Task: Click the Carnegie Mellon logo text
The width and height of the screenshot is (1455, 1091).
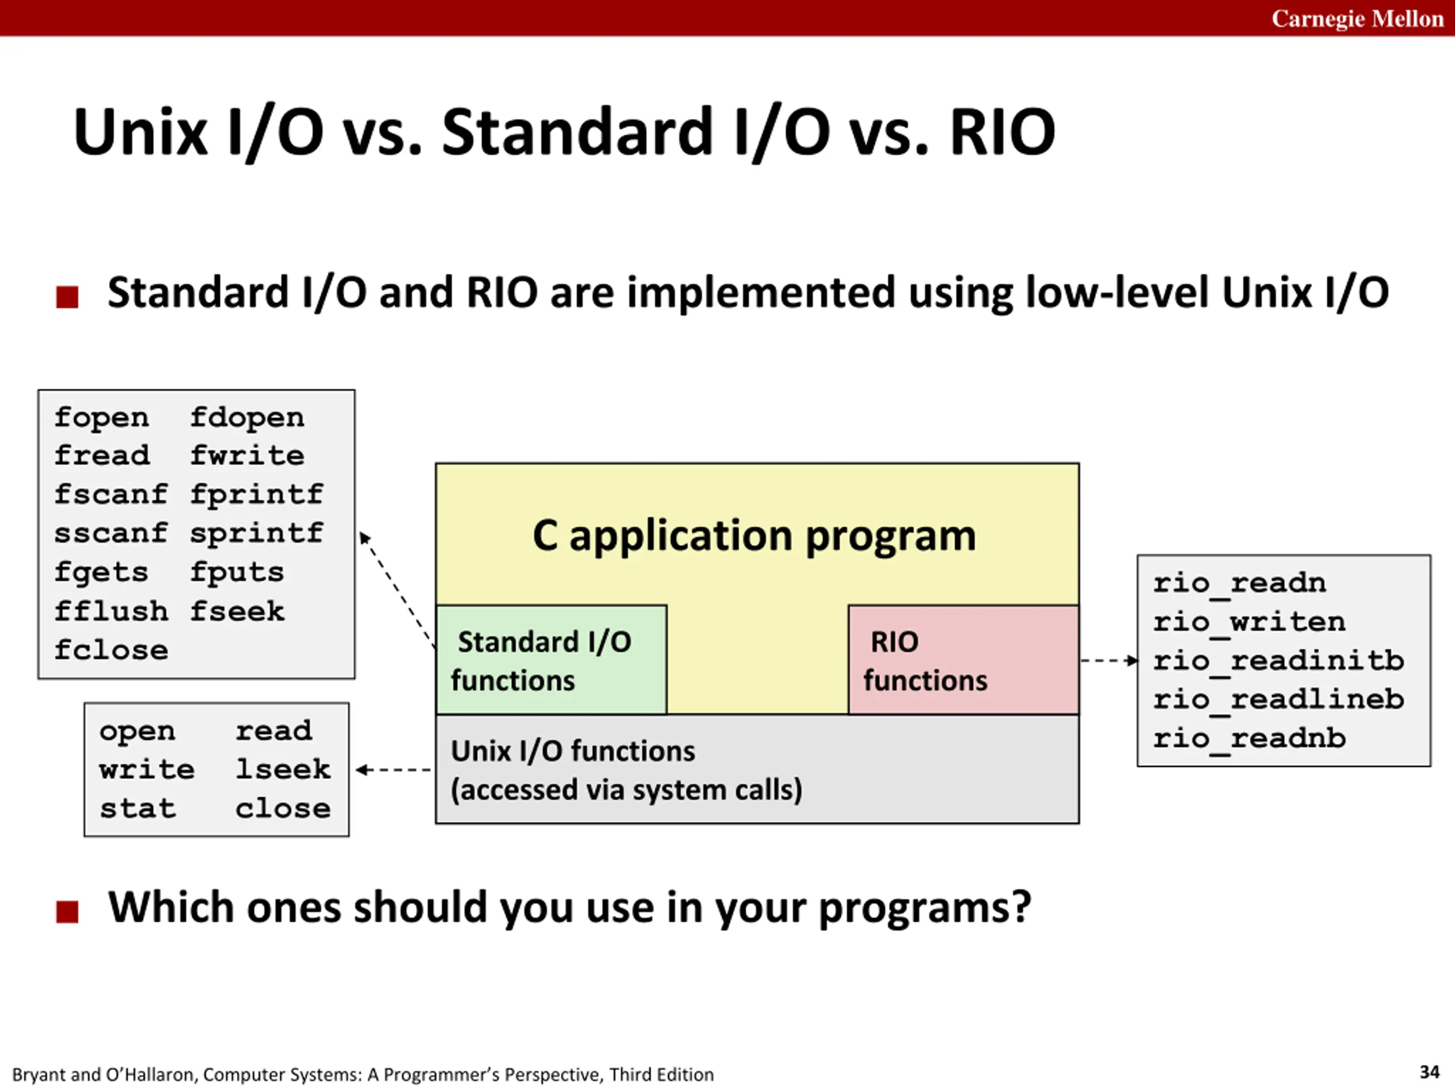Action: coord(1357,18)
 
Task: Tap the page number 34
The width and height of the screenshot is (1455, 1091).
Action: coord(1429,1072)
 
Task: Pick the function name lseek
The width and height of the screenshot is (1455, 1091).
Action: coord(284,769)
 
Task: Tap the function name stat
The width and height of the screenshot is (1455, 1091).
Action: coord(138,808)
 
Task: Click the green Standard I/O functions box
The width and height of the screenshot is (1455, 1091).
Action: coord(551,660)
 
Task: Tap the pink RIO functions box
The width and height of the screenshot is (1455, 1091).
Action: coord(963,660)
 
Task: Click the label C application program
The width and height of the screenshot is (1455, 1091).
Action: coord(754,536)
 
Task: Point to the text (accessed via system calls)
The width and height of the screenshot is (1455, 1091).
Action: coord(626,790)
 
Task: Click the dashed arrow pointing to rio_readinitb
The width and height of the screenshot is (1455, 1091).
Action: coord(1109,660)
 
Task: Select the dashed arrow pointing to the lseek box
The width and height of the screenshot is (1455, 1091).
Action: coord(393,769)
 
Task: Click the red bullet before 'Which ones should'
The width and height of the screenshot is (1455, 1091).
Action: coord(67,912)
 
